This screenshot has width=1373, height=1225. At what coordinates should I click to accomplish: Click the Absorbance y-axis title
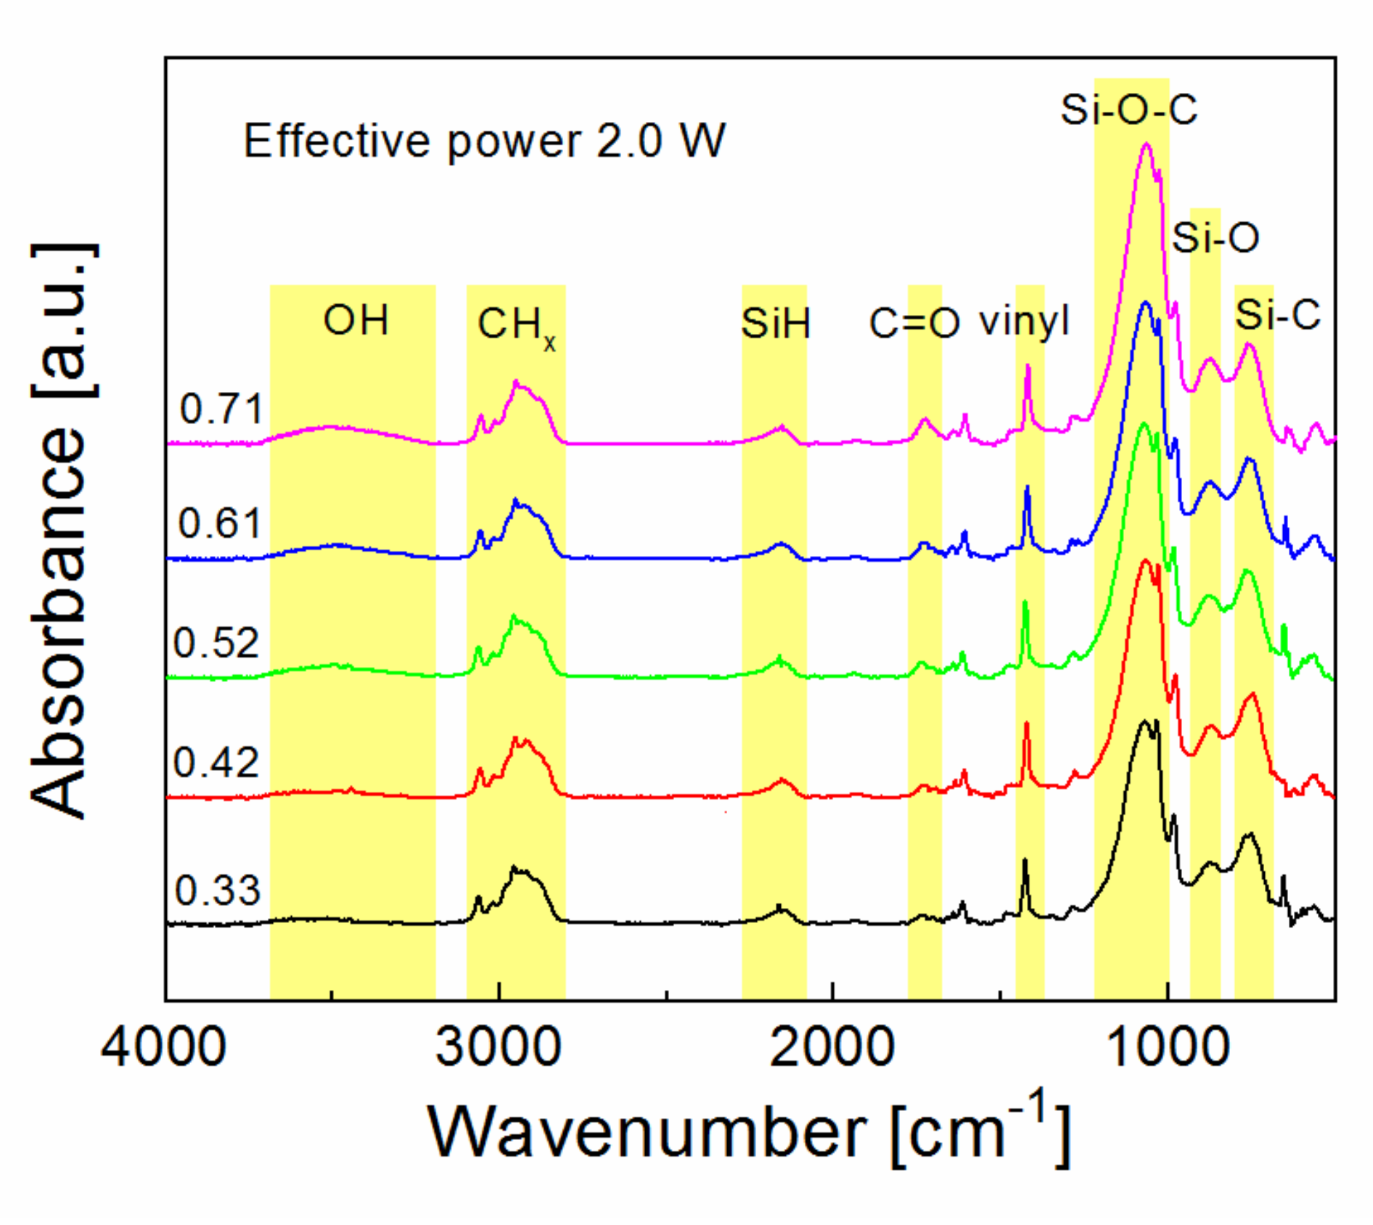(64, 530)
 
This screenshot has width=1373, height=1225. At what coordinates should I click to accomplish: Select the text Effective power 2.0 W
(484, 140)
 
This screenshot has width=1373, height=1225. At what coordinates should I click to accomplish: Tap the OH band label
(356, 320)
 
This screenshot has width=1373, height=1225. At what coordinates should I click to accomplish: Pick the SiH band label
(775, 324)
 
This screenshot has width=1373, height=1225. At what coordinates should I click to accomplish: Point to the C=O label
(914, 324)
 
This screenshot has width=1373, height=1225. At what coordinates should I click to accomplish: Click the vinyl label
(1024, 320)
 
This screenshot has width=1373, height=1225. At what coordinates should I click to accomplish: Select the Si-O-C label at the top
(1128, 110)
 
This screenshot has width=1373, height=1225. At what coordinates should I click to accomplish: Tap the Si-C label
(1277, 315)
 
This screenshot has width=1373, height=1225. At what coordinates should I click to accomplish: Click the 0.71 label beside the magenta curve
(221, 409)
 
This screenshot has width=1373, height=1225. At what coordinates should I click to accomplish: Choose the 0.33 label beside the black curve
(217, 890)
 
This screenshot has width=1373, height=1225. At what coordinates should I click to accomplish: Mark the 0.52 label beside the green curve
(216, 643)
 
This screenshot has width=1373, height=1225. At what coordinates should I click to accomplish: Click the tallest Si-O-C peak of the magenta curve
(1147, 144)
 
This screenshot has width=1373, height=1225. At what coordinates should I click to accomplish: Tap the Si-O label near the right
(1216, 238)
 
